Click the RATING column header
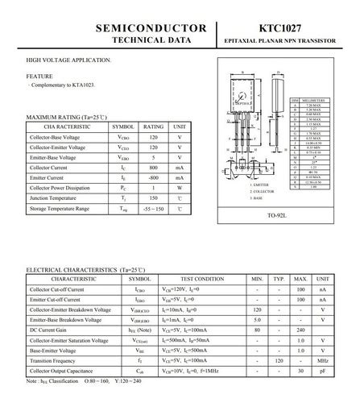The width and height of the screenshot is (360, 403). click(153, 127)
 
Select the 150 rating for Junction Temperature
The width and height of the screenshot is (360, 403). click(153, 197)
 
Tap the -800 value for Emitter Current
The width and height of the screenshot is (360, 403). click(153, 177)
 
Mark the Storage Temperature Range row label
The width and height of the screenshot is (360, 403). click(59, 208)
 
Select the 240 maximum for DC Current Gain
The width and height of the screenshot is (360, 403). click(300, 330)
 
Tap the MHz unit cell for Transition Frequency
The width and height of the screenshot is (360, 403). click(322, 361)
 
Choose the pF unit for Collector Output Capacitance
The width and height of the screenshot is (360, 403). click(322, 371)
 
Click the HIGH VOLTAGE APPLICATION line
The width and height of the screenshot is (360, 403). click(68, 61)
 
